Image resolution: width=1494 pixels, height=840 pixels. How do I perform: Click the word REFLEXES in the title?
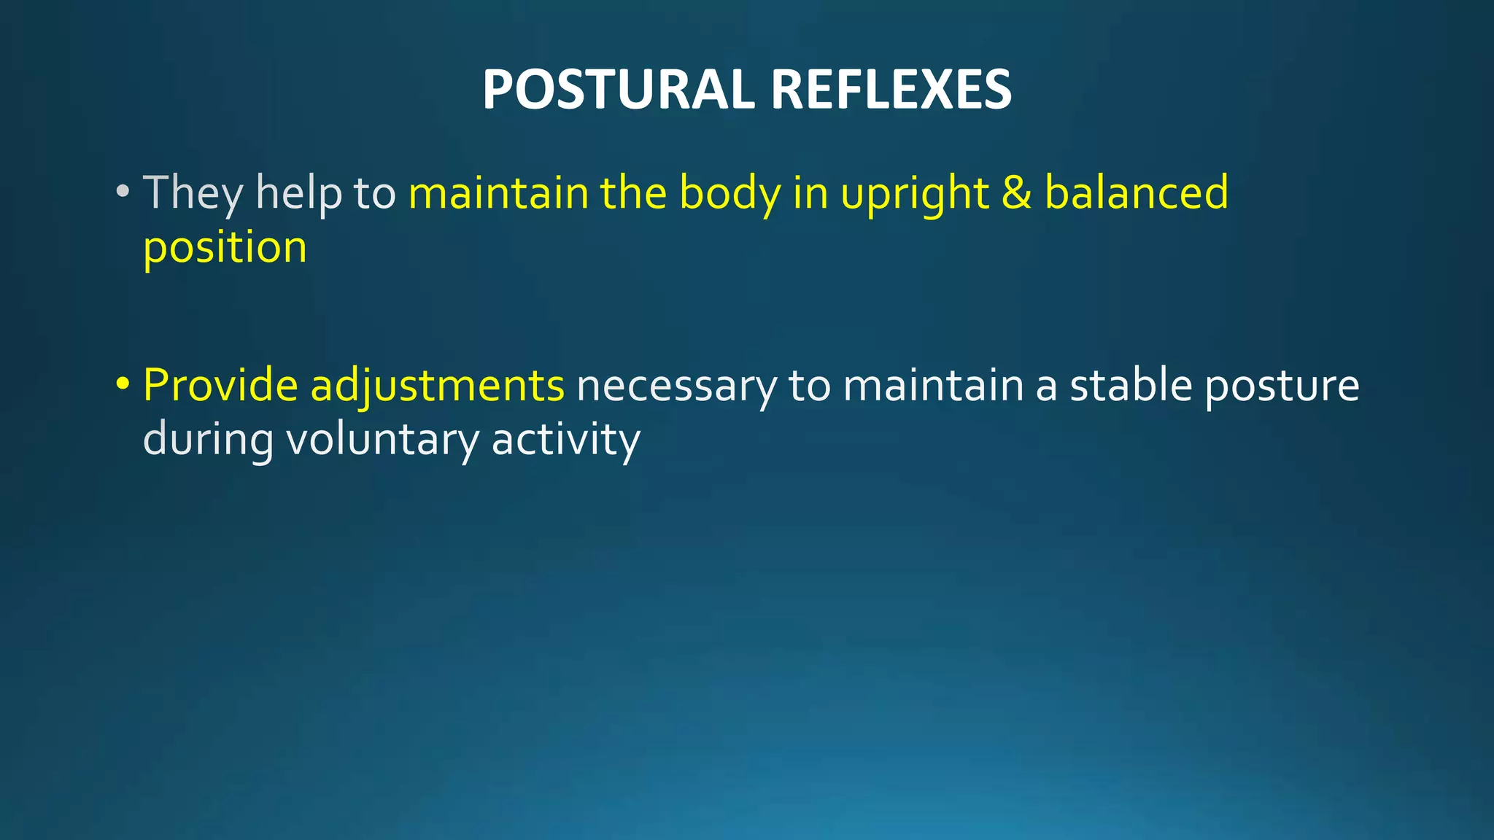[891, 90]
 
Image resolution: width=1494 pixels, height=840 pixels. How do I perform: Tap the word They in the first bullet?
[193, 193]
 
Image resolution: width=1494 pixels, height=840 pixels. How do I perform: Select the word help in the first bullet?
[298, 193]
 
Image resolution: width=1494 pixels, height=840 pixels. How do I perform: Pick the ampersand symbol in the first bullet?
[1016, 193]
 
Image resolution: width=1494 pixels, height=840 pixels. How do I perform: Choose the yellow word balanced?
[1136, 193]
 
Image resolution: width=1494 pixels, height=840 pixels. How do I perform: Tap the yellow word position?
[225, 248]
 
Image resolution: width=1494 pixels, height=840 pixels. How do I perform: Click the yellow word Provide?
[220, 385]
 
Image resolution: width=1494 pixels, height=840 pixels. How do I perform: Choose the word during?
[208, 440]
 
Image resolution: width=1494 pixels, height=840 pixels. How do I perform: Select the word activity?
[566, 440]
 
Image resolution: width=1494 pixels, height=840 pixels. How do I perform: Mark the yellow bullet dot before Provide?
[123, 384]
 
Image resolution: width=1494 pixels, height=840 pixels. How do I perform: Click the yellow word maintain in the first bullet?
[498, 193]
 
